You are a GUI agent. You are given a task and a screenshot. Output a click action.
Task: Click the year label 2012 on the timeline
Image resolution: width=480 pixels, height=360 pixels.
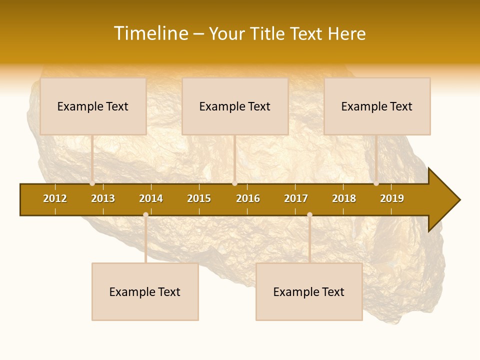(55, 198)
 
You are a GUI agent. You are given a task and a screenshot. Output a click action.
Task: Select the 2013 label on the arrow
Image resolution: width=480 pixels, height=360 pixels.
(103, 198)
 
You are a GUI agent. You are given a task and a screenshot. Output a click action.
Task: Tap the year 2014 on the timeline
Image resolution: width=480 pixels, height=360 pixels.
(151, 198)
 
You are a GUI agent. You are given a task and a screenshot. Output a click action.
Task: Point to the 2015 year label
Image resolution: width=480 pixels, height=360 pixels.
(199, 198)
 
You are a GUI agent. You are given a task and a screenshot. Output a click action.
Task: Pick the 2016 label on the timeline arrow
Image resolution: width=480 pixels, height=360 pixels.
(248, 198)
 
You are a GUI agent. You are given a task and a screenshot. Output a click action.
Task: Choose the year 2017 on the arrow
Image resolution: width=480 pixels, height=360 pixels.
(296, 198)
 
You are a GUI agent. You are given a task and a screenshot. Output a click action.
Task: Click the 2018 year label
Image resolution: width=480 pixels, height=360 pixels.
(344, 198)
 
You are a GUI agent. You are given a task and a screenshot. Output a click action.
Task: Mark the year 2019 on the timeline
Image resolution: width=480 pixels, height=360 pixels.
(392, 198)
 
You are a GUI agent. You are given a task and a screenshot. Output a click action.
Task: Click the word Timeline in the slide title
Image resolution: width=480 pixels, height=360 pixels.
(150, 33)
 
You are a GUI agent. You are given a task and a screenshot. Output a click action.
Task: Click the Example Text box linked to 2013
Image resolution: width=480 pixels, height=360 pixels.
(93, 106)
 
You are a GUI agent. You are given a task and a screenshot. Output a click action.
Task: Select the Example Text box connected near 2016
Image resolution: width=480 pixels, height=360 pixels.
(235, 106)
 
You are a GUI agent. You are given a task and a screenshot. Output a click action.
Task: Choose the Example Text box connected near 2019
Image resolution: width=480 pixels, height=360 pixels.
(377, 106)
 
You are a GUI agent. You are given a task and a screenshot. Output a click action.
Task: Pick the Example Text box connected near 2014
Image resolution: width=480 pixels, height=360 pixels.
(145, 291)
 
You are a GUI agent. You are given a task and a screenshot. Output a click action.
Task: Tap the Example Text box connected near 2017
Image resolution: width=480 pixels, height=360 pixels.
(309, 291)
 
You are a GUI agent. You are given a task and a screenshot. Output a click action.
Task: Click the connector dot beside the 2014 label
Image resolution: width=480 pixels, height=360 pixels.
(145, 214)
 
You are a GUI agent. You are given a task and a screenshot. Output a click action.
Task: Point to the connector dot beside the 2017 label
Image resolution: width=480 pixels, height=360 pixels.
(309, 214)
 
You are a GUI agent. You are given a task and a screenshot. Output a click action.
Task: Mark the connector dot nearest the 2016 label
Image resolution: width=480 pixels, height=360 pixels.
(234, 183)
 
